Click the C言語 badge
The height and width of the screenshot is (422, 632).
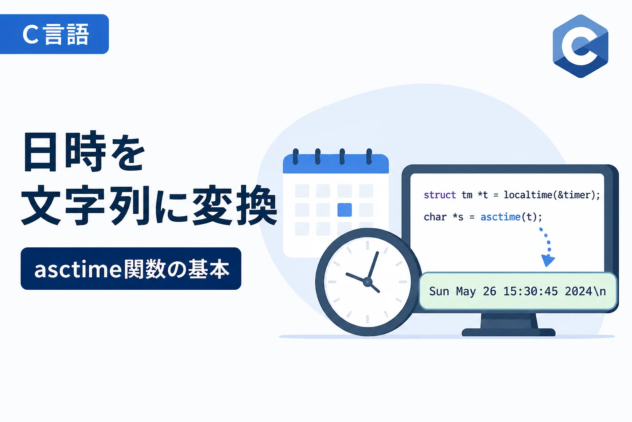[x=54, y=34]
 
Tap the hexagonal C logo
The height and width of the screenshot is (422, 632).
[x=581, y=46]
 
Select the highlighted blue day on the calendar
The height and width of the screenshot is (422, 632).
[x=344, y=210]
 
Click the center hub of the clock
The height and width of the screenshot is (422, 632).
[x=367, y=282]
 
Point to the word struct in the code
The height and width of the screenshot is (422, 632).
[x=439, y=195]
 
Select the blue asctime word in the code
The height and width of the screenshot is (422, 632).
[x=500, y=217]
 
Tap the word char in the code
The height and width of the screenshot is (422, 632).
[x=435, y=217]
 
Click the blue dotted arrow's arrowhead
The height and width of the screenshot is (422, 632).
[x=548, y=260]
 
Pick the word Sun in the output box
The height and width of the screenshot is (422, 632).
[x=439, y=291]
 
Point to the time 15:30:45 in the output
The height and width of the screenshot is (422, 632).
[x=531, y=291]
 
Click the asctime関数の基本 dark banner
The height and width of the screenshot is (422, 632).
[x=131, y=269]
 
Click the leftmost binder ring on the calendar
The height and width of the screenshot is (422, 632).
[x=295, y=156]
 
